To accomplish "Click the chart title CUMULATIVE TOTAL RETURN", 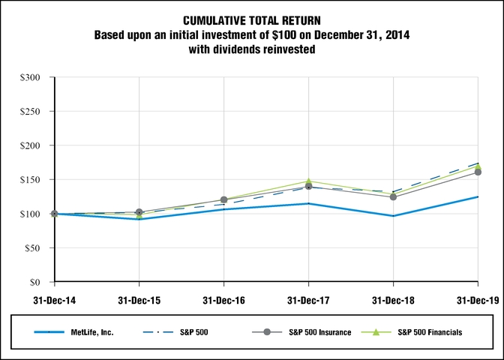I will [252, 21].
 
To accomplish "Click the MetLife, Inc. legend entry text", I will [91, 332].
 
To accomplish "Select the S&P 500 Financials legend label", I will [430, 332].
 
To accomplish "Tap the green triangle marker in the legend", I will [376, 332].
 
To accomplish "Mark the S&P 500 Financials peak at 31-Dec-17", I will [308, 181].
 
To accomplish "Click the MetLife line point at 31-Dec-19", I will [478, 196].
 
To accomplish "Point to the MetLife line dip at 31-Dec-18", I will [393, 216].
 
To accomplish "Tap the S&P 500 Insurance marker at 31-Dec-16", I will [223, 199].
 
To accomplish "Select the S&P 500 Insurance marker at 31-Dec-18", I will [393, 196].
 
